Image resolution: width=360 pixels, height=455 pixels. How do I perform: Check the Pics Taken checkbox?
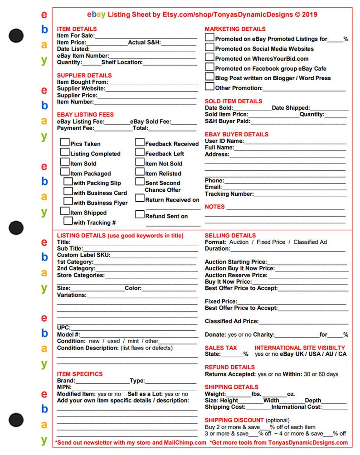click(x=65, y=142)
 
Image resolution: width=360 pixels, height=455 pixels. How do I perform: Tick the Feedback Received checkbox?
click(x=140, y=142)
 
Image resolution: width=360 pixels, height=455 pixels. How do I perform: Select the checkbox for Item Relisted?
click(x=140, y=172)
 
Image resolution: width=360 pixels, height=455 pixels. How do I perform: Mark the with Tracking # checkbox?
click(x=68, y=221)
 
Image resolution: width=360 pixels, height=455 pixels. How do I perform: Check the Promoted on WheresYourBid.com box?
click(x=209, y=57)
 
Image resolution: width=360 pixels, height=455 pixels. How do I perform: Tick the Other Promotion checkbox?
click(x=209, y=87)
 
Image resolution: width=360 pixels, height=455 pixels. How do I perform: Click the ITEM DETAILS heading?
click(x=77, y=29)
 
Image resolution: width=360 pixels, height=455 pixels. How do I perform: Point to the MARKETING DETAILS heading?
click(x=235, y=29)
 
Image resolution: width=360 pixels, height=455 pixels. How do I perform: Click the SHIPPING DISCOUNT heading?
click(x=234, y=420)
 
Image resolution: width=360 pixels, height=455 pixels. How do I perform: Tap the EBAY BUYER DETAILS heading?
click(x=236, y=134)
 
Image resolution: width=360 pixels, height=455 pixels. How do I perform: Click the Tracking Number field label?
click(x=229, y=194)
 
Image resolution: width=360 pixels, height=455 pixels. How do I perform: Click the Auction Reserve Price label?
click(x=236, y=275)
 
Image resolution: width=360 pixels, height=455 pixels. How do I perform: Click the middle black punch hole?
click(x=16, y=227)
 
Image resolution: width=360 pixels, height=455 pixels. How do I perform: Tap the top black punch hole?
click(x=16, y=35)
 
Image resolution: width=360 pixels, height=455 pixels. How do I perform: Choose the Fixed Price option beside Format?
click(x=271, y=242)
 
